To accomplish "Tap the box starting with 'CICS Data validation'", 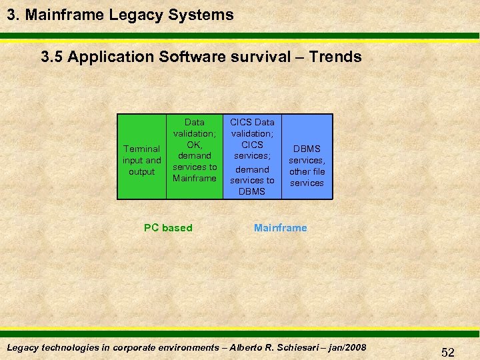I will click(252, 157).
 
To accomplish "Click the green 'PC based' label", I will click(168, 228).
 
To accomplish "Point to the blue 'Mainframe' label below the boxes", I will click(281, 228).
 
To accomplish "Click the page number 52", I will click(447, 353).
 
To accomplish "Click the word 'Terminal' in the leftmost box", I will click(142, 149).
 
